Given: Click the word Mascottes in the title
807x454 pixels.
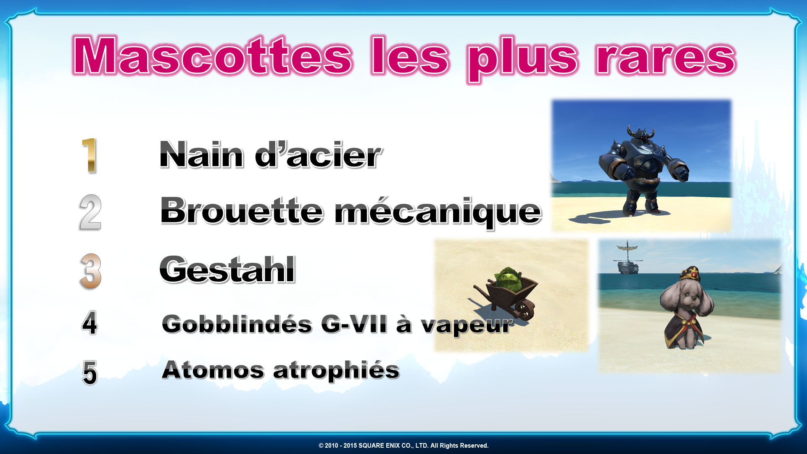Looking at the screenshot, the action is click(212, 56).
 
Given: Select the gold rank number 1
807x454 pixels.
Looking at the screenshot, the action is click(90, 155).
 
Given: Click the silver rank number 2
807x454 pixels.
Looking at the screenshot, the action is click(90, 212).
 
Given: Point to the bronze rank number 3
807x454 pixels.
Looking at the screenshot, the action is click(91, 271).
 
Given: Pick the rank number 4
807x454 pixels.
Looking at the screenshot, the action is click(90, 323).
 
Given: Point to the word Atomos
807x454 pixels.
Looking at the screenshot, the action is click(213, 370).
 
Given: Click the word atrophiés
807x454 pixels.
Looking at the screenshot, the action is click(336, 371).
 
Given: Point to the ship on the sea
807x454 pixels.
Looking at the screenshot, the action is click(628, 258).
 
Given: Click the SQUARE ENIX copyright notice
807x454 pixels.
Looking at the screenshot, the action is click(403, 446).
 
